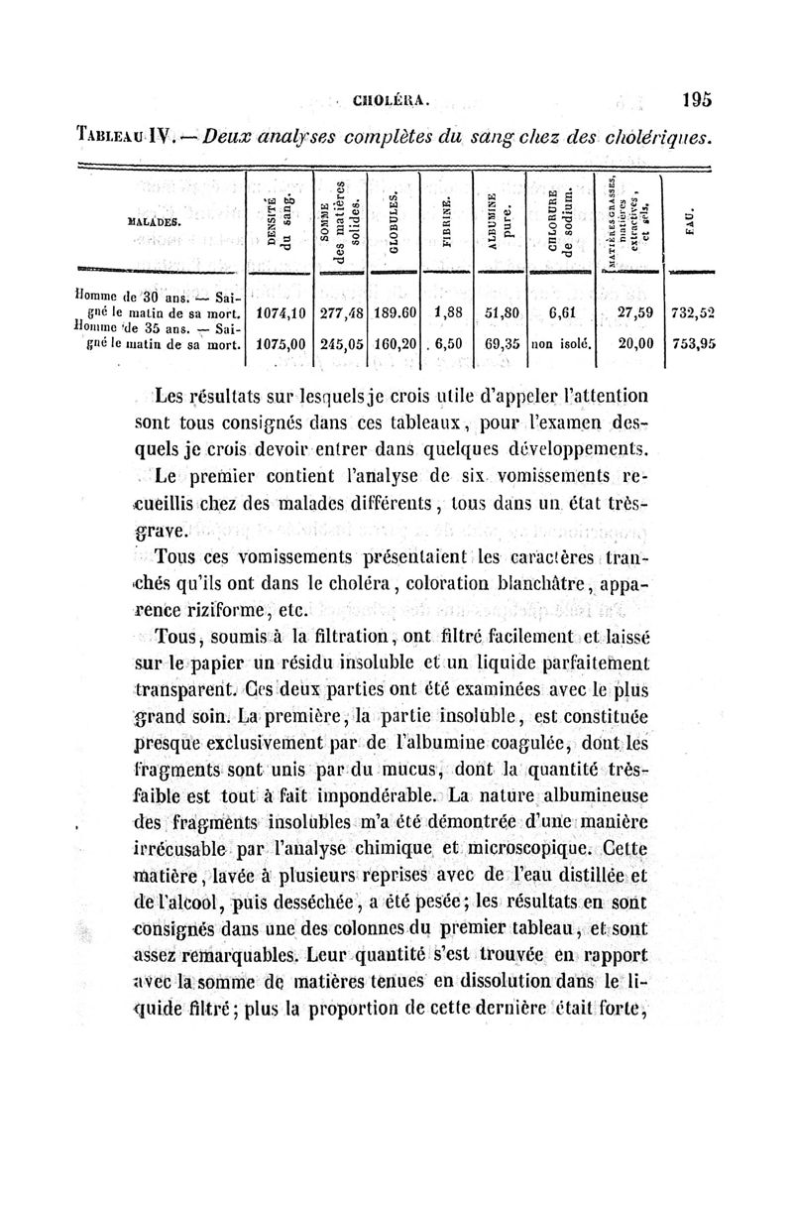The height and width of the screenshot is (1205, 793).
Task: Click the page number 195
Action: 697,98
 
